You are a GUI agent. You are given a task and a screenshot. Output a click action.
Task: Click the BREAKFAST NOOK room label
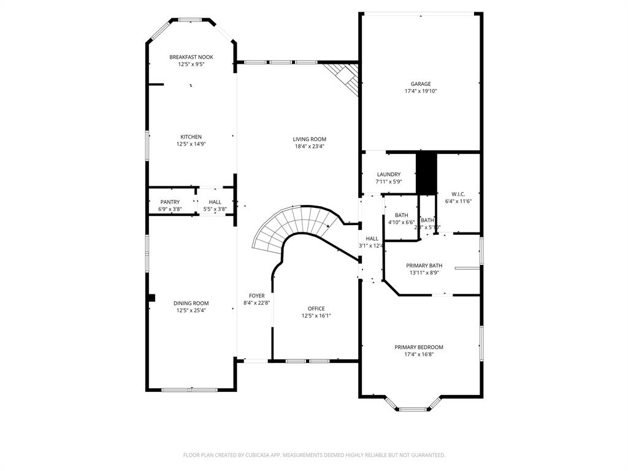pyautogui.click(x=191, y=57)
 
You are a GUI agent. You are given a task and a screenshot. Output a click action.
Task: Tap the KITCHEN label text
pyautogui.click(x=191, y=137)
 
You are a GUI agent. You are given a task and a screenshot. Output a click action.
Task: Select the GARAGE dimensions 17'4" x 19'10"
pyautogui.click(x=421, y=91)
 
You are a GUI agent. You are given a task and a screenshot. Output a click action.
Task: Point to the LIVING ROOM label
pyautogui.click(x=309, y=139)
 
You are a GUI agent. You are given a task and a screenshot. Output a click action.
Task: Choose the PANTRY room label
pyautogui.click(x=170, y=202)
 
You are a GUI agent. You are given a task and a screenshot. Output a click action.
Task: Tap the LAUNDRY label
pyautogui.click(x=388, y=174)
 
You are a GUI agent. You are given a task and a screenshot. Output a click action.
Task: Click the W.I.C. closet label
pyautogui.click(x=458, y=194)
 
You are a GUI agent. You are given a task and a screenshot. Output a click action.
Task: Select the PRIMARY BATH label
pyautogui.click(x=424, y=266)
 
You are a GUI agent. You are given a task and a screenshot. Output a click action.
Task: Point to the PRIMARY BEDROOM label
pyautogui.click(x=419, y=347)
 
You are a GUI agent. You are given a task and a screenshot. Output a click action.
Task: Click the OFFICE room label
pyautogui.click(x=316, y=308)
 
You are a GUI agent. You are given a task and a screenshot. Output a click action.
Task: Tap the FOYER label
pyautogui.click(x=256, y=296)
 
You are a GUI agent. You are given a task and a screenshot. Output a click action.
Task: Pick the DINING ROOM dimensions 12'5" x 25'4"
pyautogui.click(x=191, y=310)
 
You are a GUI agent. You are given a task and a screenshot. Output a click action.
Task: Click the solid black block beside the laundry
pyautogui.click(x=426, y=173)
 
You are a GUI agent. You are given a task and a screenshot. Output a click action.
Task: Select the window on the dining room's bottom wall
pyautogui.click(x=190, y=389)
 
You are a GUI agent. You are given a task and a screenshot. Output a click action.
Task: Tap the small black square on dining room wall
pyautogui.click(x=151, y=298)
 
